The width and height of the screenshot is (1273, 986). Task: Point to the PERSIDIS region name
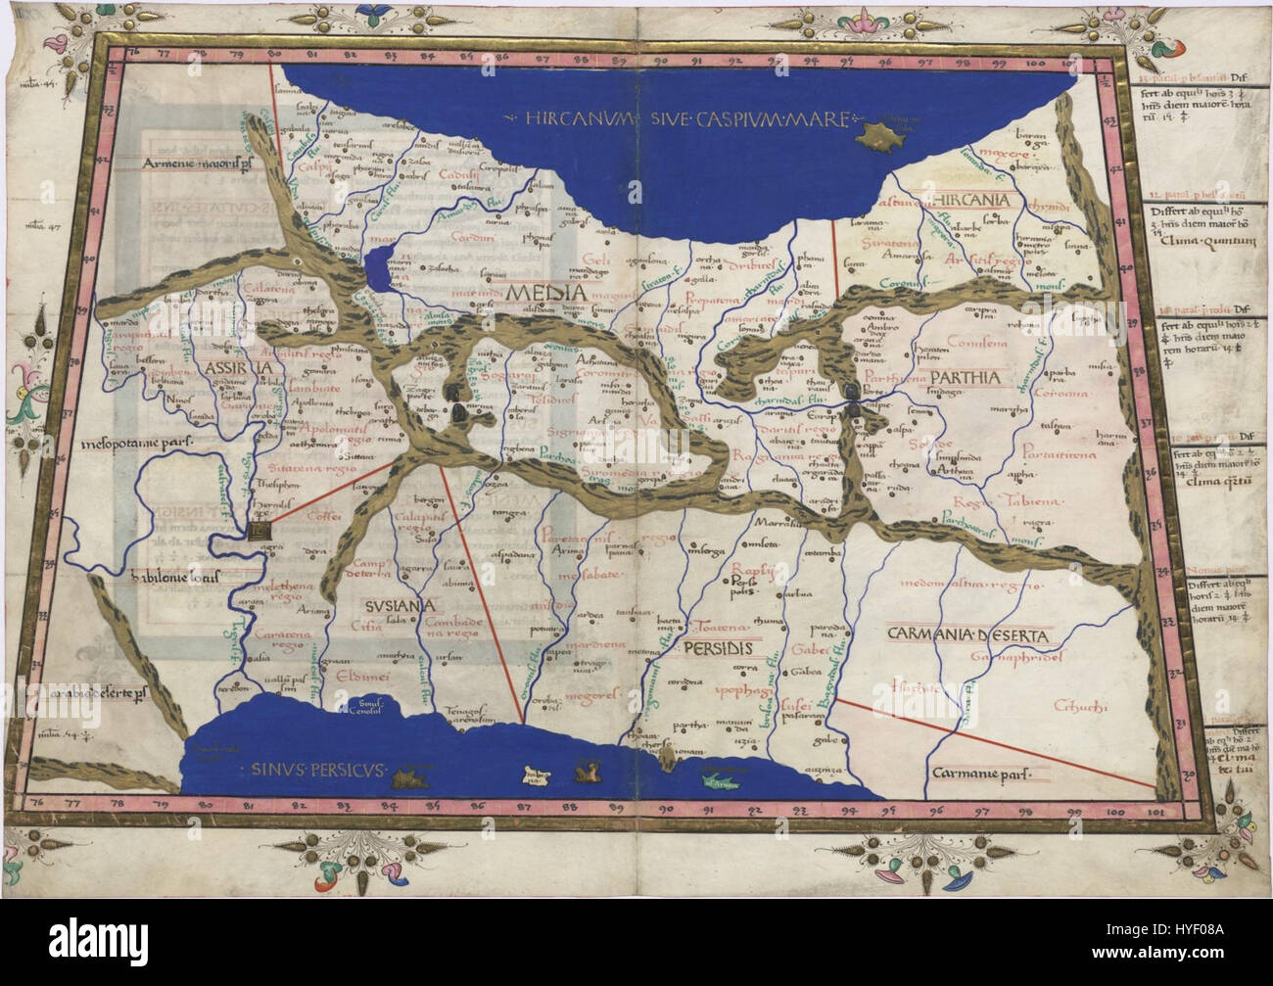717,647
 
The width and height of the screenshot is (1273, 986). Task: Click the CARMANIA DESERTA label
966,636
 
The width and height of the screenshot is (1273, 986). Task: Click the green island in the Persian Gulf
720,782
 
